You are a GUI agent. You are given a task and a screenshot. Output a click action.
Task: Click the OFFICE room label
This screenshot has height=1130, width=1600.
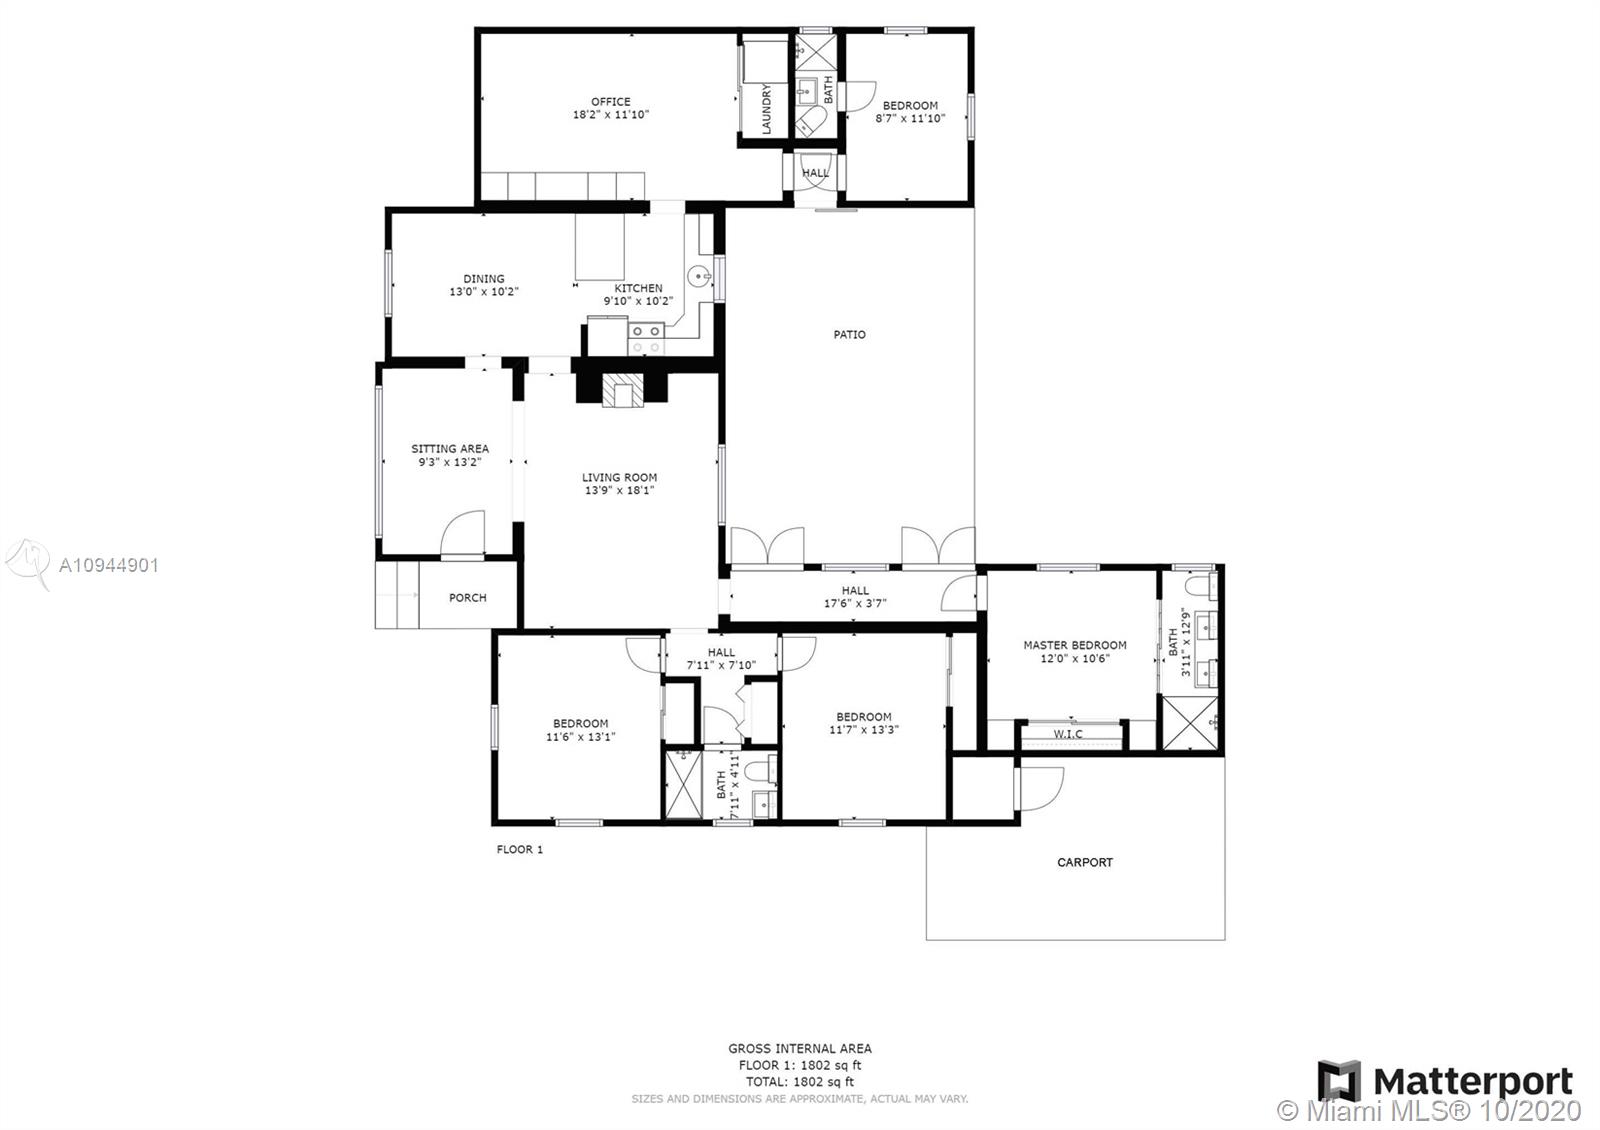click(610, 101)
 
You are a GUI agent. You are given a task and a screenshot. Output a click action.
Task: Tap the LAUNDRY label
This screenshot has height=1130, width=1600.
click(766, 109)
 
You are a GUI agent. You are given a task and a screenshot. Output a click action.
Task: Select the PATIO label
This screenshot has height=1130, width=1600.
click(849, 334)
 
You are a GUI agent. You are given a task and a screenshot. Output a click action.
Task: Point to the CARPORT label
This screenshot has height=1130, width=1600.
click(1084, 862)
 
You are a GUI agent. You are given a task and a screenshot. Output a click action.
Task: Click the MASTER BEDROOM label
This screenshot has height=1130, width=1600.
click(1074, 645)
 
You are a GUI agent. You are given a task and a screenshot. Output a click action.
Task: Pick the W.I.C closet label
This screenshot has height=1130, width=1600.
click(1068, 734)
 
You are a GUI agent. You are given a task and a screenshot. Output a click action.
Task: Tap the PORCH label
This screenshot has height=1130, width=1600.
click(467, 597)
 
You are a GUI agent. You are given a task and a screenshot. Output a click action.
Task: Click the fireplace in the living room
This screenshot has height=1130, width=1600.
click(622, 391)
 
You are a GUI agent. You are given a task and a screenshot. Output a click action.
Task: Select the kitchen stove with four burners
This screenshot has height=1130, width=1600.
click(646, 339)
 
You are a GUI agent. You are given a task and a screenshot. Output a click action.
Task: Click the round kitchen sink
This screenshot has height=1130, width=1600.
click(699, 276)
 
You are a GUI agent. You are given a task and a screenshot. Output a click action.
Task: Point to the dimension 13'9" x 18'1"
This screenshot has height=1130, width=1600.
click(619, 490)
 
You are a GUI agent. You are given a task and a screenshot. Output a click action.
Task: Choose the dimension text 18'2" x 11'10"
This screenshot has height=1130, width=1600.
click(611, 114)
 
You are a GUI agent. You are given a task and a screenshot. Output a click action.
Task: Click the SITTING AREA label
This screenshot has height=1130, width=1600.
click(450, 449)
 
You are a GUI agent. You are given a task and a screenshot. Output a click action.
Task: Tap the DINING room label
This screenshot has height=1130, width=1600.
click(484, 279)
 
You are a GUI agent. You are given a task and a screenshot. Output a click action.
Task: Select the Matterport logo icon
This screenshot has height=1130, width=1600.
click(1339, 1081)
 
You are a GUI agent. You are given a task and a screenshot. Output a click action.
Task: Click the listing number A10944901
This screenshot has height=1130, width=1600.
click(109, 566)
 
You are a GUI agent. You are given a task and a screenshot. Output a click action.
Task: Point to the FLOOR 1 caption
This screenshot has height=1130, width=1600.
click(519, 849)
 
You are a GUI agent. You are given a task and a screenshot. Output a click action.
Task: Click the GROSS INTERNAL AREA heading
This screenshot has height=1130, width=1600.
click(800, 1049)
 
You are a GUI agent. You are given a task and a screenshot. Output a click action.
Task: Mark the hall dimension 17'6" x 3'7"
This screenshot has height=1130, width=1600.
click(855, 603)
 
